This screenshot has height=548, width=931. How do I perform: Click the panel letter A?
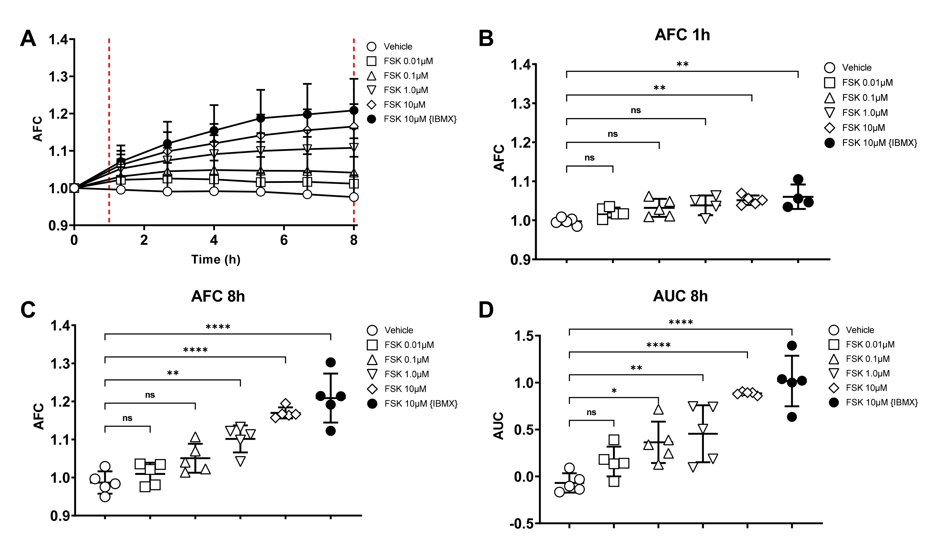pyautogui.click(x=28, y=38)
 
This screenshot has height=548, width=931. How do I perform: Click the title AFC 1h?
pyautogui.click(x=682, y=35)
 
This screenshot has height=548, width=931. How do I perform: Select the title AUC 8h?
pyautogui.click(x=680, y=296)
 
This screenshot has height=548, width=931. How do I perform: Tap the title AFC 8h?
pyautogui.click(x=218, y=296)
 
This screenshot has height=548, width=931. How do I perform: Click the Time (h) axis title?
pyautogui.click(x=216, y=259)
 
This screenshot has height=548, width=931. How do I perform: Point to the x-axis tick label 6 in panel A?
pyautogui.click(x=284, y=240)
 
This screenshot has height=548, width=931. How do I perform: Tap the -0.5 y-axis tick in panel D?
pyautogui.click(x=521, y=524)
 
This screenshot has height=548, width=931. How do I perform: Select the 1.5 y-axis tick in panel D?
pyautogui.click(x=524, y=336)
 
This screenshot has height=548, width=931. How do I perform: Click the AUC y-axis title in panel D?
pyautogui.click(x=498, y=426)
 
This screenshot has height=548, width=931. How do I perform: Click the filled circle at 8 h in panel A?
pyautogui.click(x=354, y=110)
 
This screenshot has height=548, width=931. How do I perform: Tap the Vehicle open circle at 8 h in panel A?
pyautogui.click(x=354, y=197)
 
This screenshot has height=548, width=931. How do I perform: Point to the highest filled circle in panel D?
pyautogui.click(x=792, y=346)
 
